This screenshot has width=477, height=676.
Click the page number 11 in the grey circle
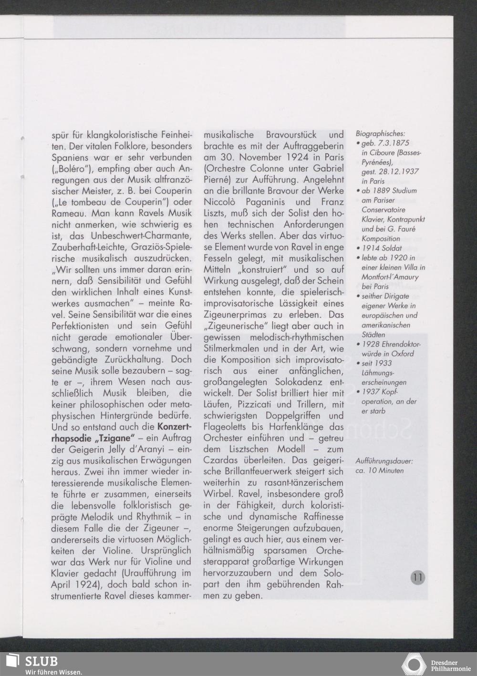[x=417, y=577]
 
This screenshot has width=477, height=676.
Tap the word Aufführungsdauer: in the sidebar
[x=384, y=461]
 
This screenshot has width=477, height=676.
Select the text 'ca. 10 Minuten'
[x=379, y=471]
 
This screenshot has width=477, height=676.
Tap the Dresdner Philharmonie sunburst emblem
[x=414, y=665]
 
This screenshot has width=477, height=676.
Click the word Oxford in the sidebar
[x=403, y=354]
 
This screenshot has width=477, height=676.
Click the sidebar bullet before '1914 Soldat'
[x=358, y=248]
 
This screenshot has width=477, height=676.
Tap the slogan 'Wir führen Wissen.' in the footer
[x=53, y=672]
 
